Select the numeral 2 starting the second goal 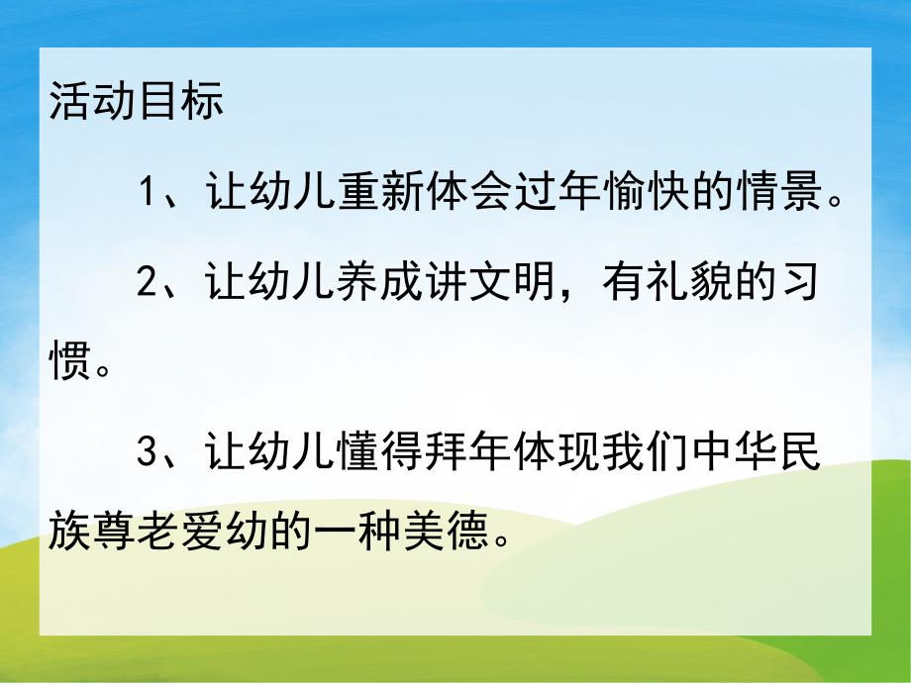coord(148,281)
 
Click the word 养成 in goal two coord(380,281)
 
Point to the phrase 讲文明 coord(492,281)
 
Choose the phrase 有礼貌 coord(670,281)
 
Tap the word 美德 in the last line coord(448,536)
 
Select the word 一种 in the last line coord(358,536)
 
